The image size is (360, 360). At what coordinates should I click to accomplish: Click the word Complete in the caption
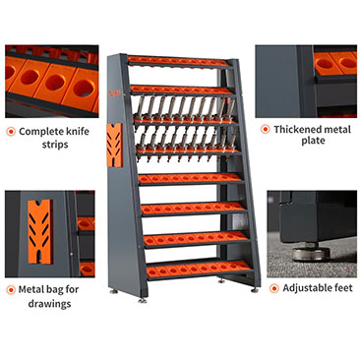(41, 132)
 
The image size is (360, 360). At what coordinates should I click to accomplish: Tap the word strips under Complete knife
(55, 145)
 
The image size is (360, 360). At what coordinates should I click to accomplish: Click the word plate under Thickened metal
(313, 141)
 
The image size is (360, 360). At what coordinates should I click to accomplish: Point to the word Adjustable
(307, 288)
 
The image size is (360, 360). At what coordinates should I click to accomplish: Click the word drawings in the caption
(49, 303)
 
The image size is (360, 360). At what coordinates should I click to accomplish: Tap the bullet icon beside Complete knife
(11, 132)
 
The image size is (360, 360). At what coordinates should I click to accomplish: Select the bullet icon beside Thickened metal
(265, 130)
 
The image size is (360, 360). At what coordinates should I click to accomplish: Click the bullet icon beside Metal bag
(11, 290)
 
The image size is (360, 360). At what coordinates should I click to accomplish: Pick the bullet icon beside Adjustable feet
(273, 288)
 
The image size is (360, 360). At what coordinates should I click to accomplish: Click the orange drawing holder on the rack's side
(115, 146)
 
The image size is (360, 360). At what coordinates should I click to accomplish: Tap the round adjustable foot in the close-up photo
(311, 253)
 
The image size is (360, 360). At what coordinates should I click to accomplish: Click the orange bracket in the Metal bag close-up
(40, 232)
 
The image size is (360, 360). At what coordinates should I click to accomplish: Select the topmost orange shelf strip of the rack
(180, 62)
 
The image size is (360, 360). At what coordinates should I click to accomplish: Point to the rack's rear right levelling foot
(255, 290)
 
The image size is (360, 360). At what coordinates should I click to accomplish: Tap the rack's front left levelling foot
(142, 300)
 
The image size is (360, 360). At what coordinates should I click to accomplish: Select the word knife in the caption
(78, 132)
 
